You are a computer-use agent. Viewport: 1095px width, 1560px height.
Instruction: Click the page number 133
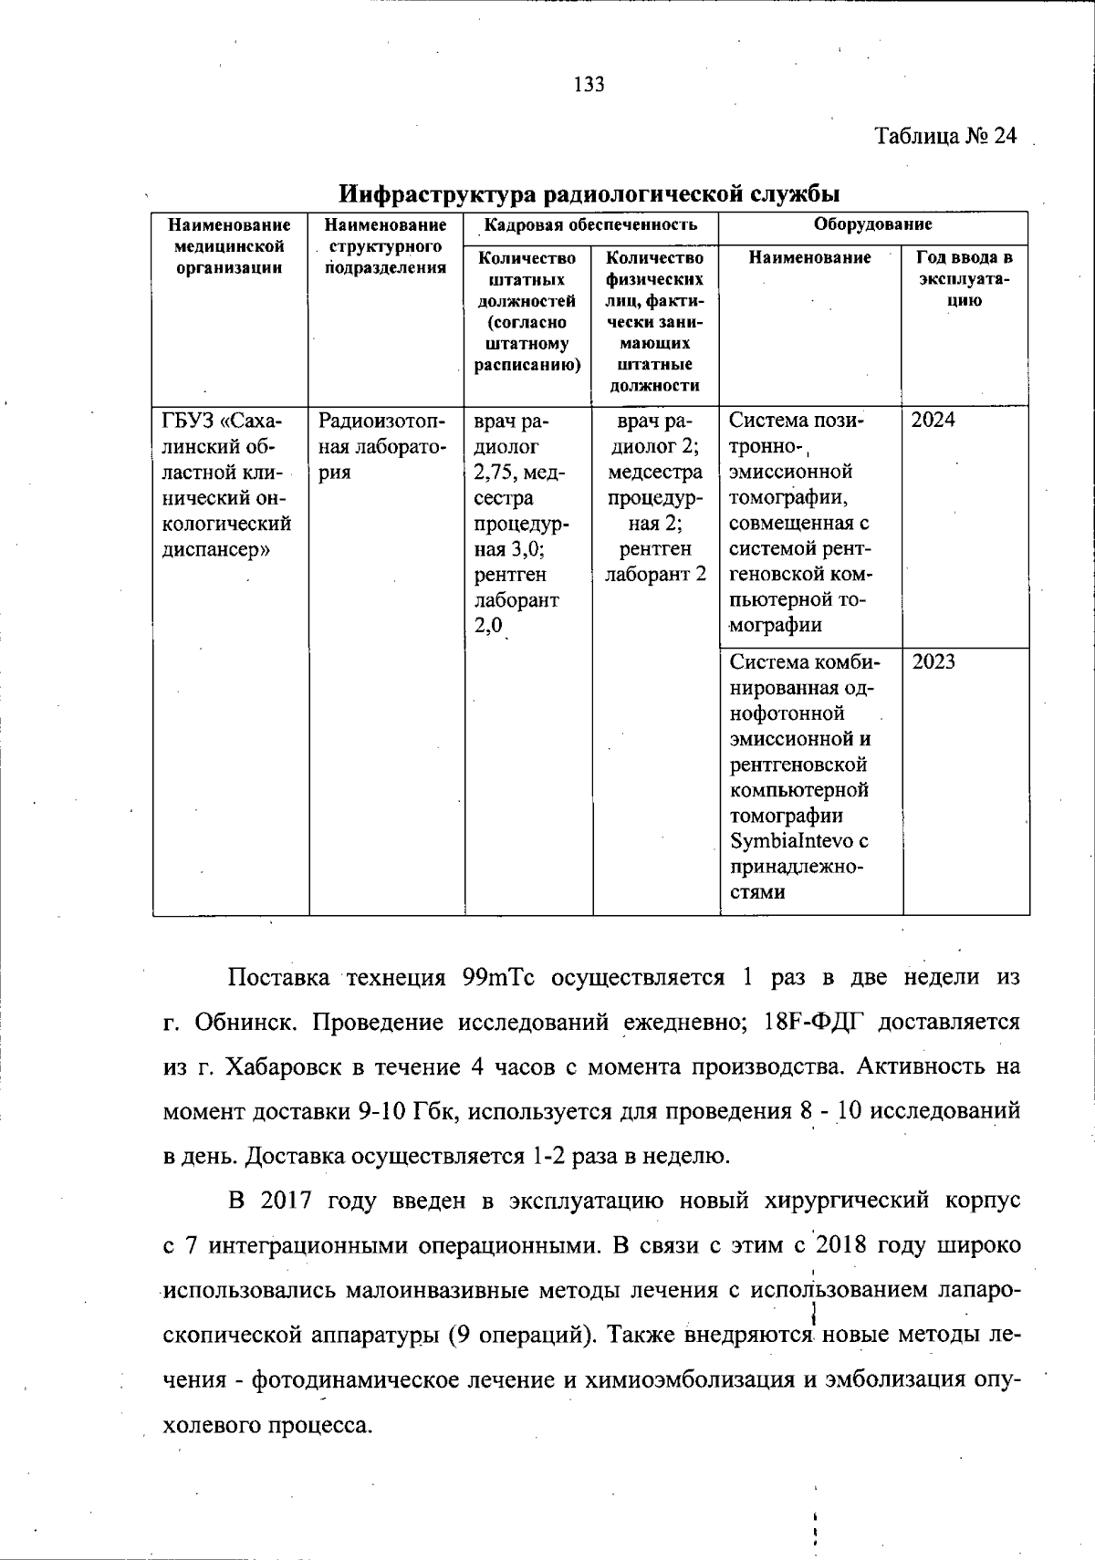(x=589, y=85)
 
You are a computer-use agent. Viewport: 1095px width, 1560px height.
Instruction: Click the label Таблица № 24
(x=945, y=136)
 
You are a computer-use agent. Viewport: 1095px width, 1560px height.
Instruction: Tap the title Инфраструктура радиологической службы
(x=589, y=193)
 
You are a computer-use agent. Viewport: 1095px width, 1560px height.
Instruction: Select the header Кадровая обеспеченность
(x=590, y=224)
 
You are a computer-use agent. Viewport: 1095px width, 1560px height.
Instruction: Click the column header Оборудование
(x=872, y=224)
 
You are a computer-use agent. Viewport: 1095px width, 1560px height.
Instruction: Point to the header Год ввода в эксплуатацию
(x=965, y=278)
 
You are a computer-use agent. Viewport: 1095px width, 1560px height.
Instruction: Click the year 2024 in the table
(x=933, y=421)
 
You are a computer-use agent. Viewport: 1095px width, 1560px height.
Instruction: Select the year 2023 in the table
(x=933, y=662)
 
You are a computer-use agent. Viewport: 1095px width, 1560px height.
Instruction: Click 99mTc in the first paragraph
(x=497, y=978)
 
